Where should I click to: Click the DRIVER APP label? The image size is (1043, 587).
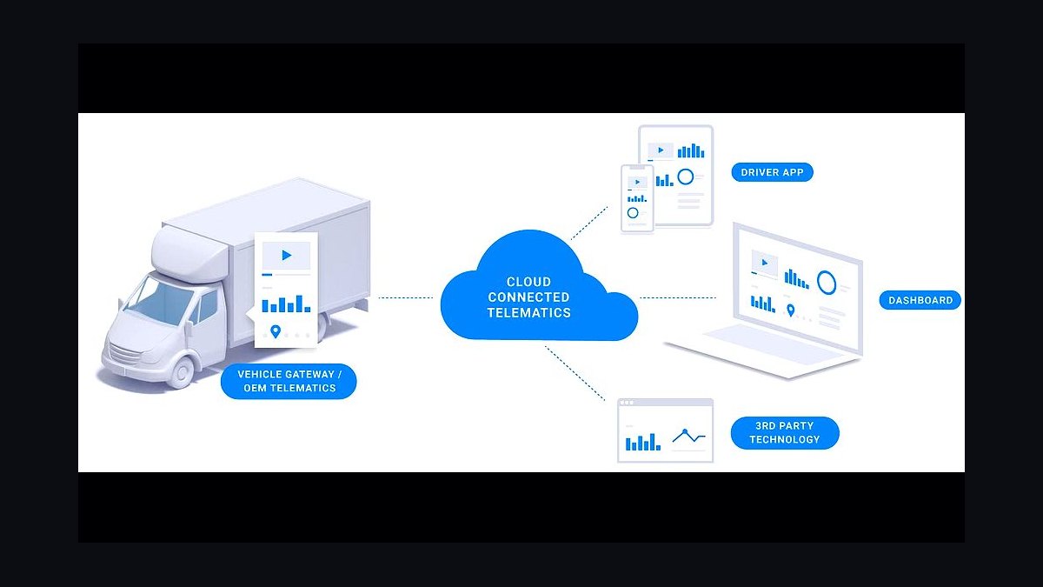click(772, 172)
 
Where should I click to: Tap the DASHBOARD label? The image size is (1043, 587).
click(920, 300)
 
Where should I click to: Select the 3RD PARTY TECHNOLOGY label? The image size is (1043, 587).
click(785, 432)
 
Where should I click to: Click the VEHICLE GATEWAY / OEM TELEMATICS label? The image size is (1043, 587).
click(289, 381)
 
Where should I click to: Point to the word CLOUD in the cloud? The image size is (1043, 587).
click(528, 282)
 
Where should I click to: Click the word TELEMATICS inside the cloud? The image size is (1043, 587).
click(529, 312)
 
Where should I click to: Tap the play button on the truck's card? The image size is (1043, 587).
click(286, 256)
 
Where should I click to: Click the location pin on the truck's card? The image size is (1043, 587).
click(276, 331)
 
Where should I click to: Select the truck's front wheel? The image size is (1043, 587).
click(182, 372)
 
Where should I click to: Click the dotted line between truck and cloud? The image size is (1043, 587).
click(406, 297)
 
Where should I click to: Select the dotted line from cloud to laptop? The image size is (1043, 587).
click(678, 297)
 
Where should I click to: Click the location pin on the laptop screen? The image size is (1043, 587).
click(790, 310)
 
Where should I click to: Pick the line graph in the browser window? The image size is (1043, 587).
click(688, 436)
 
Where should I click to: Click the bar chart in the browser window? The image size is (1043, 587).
click(642, 442)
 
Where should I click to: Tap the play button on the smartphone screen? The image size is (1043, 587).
click(637, 182)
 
